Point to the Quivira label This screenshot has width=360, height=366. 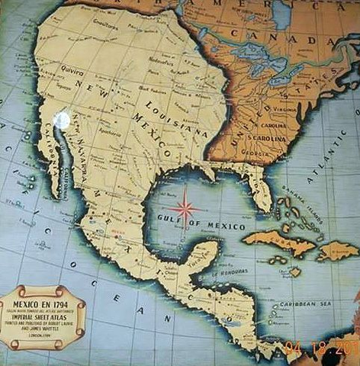click(72, 69)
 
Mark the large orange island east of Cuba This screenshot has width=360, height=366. click(336, 249)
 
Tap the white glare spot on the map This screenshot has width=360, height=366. click(64, 120)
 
